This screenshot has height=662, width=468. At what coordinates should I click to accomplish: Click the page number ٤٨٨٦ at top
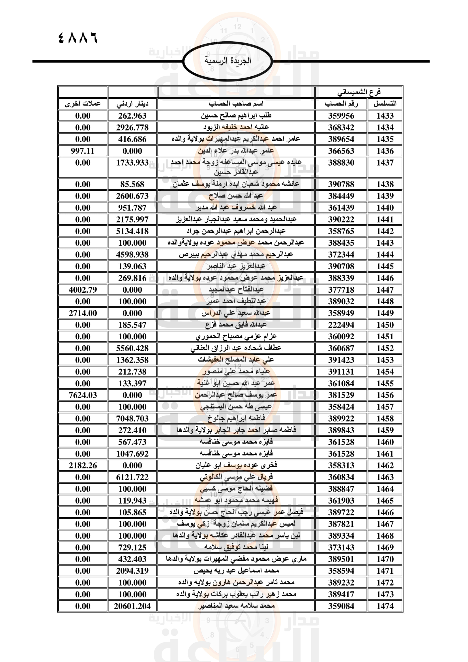click(x=78, y=38)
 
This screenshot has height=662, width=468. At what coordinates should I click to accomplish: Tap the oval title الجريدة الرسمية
click(x=228, y=61)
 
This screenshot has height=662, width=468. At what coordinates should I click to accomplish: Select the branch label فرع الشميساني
click(x=359, y=92)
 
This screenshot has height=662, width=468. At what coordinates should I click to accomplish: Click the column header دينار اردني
click(x=132, y=104)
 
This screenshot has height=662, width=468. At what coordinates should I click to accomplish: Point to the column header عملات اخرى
click(x=83, y=104)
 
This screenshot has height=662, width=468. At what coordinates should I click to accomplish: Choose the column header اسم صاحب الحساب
click(x=236, y=104)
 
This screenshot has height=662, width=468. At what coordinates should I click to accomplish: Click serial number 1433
click(x=385, y=116)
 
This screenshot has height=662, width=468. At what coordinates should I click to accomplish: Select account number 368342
click(x=341, y=127)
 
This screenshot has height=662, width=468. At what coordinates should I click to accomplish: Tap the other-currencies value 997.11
click(x=83, y=151)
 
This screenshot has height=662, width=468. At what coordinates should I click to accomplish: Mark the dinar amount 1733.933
click(x=132, y=163)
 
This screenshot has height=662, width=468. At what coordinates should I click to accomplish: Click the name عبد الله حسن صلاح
click(x=236, y=196)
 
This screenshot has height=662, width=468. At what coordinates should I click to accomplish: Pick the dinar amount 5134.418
click(x=132, y=231)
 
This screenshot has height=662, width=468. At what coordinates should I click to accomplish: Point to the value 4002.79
click(x=83, y=290)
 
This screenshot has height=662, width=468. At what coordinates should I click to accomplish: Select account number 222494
click(x=341, y=325)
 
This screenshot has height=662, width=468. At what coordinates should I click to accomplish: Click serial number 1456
click(x=385, y=395)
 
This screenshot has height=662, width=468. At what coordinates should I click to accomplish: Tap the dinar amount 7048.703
click(x=132, y=418)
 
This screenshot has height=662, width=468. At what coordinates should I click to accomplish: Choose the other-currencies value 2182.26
click(x=83, y=465)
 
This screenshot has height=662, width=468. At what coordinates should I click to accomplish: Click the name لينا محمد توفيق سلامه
click(x=236, y=547)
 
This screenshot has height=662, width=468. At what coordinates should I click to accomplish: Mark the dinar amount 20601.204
click(x=132, y=606)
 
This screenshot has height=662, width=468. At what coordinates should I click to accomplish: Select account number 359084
click(x=341, y=606)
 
